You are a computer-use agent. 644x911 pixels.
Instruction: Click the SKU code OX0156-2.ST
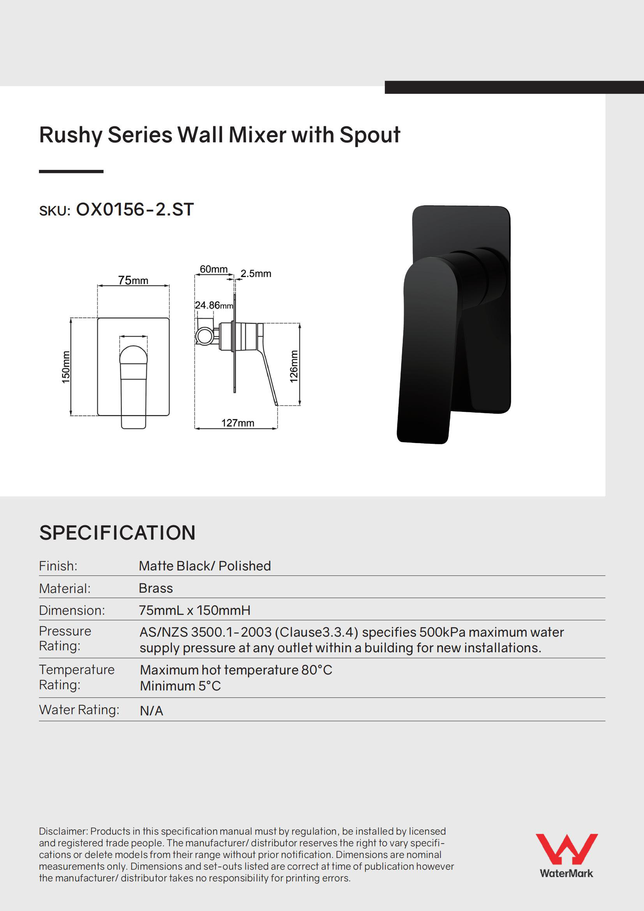pos(134,210)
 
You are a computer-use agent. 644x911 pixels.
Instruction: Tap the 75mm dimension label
pos(133,280)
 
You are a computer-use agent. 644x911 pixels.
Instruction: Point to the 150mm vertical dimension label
pos(66,367)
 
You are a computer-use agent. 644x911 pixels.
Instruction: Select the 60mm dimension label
pos(213,269)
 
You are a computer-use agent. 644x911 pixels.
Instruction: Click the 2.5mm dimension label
pos(256,274)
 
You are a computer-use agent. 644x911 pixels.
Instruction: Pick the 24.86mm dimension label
pos(214,305)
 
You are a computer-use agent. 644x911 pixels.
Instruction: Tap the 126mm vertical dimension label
pos(294,366)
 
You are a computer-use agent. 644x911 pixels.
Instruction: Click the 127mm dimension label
pos(238,423)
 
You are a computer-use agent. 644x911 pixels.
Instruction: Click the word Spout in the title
pos(370,135)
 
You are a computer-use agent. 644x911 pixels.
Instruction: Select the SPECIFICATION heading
pos(117,533)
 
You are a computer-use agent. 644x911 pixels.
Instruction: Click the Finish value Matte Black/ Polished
pos(205,566)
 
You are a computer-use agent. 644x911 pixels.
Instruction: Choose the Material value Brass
pos(156,588)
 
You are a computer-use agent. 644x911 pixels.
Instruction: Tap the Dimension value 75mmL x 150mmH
pos(194,610)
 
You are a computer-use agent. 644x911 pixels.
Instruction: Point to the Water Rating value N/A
pos(152,711)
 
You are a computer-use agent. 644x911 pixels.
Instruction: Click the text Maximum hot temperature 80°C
pos(236,670)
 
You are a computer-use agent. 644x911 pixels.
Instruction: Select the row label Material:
pos(65,588)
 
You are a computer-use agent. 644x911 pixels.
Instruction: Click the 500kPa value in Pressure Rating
pos(442,632)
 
